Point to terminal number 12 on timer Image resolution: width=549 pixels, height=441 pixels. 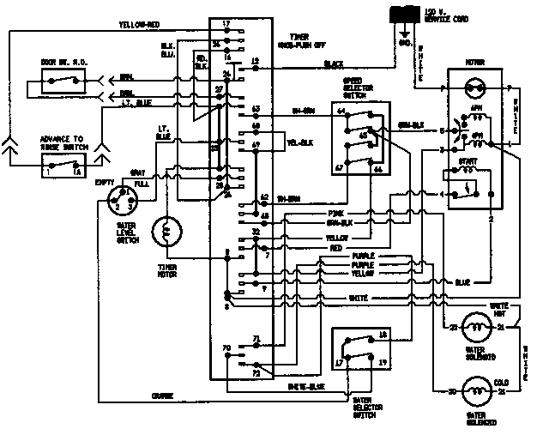255,61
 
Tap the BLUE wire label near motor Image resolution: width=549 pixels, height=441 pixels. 462,281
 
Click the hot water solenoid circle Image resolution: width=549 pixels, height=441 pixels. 474,327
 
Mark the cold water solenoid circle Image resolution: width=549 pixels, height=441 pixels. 474,392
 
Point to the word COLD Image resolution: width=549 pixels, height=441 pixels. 504,382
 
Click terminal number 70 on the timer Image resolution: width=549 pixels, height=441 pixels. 226,348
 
